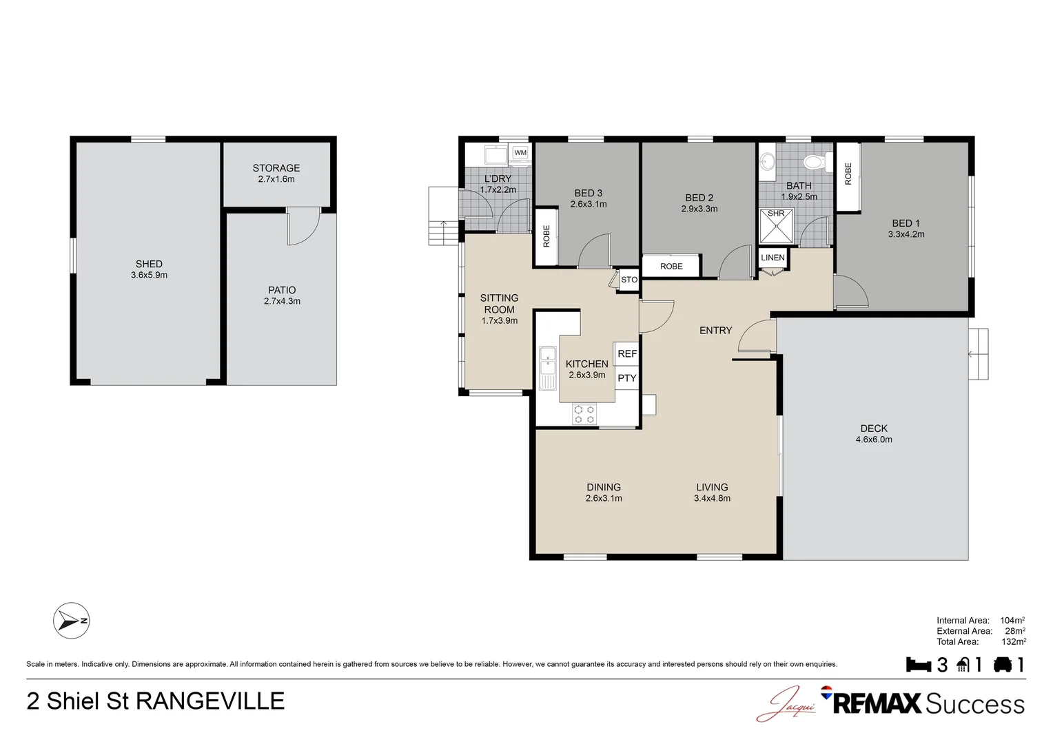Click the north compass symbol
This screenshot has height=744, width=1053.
[x=71, y=621]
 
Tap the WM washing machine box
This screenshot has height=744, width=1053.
[x=520, y=153]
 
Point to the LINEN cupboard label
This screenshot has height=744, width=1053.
[x=773, y=258]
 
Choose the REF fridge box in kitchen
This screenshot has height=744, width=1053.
[x=626, y=353]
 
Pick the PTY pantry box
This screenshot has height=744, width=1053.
[x=626, y=378]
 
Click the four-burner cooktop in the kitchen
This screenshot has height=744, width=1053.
[x=584, y=415]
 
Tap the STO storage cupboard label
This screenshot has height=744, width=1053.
[x=629, y=280]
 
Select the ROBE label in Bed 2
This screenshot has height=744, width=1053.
[x=671, y=266]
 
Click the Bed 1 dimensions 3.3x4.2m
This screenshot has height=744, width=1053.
[x=906, y=234]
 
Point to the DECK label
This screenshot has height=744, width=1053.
[x=874, y=428]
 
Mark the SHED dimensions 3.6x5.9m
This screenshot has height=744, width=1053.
[x=149, y=275]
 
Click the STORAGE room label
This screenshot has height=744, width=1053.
[x=276, y=168]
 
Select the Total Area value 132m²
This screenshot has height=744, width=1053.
[x=1014, y=641]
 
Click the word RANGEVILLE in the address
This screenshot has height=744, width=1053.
[x=210, y=701]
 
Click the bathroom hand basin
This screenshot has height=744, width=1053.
[x=767, y=162]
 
